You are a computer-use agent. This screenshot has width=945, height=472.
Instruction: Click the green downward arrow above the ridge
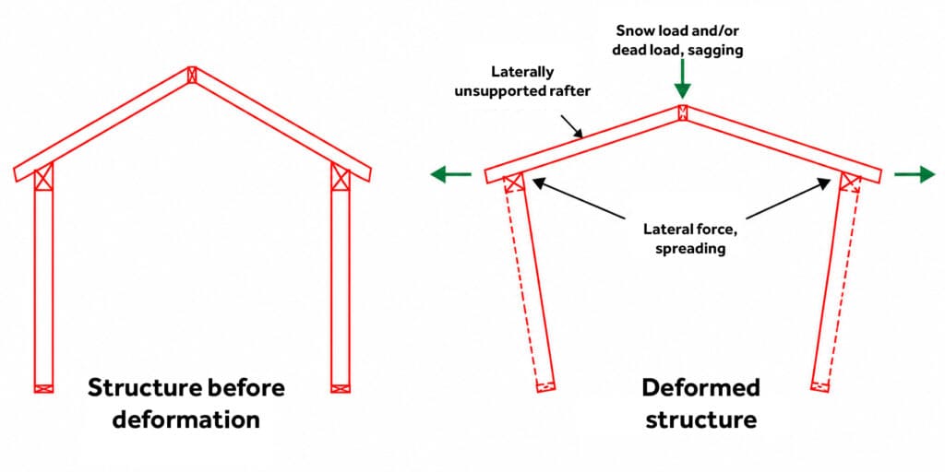(x=682, y=82)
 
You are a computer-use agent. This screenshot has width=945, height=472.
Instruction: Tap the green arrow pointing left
(x=450, y=174)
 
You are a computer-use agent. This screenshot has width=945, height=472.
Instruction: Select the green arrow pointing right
(x=915, y=174)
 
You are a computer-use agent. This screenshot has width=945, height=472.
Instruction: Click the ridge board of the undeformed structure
(x=192, y=75)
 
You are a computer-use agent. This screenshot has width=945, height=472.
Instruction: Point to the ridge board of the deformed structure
(x=682, y=112)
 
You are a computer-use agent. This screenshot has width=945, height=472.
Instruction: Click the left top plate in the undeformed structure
(x=43, y=178)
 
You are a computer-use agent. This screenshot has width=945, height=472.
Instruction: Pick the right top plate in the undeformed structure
(x=341, y=178)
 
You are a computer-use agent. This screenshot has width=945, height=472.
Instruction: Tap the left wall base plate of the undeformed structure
(x=43, y=388)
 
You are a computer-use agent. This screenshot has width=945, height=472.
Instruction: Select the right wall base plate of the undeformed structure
(x=341, y=388)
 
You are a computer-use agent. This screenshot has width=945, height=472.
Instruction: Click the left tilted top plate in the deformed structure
(x=514, y=182)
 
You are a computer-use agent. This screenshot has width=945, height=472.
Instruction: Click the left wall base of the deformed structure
(x=545, y=386)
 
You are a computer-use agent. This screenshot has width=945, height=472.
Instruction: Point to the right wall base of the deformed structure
(x=820, y=386)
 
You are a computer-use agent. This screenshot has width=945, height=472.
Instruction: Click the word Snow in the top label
(x=629, y=30)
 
